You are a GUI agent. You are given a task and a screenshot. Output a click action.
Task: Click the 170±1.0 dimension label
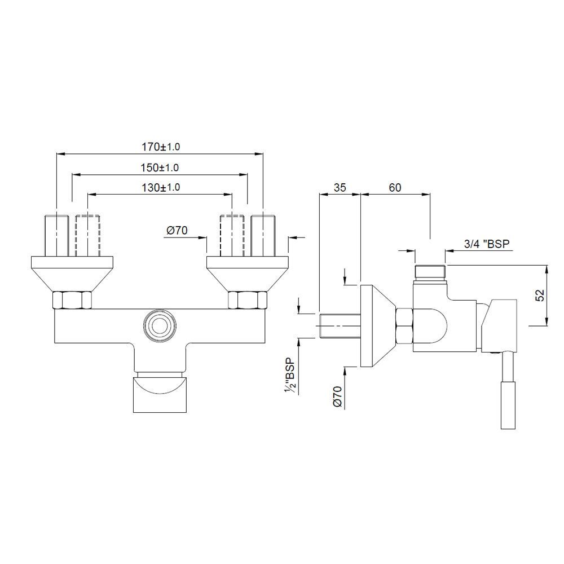tap(160, 147)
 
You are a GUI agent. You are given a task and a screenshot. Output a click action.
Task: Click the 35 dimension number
tap(340, 188)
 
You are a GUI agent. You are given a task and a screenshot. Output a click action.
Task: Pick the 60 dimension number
tap(395, 188)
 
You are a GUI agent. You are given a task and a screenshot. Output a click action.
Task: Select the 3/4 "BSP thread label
tap(487, 244)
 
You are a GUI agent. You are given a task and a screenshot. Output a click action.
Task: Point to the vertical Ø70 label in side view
tap(337, 396)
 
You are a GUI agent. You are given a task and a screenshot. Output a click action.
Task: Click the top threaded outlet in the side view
tap(430, 272)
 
